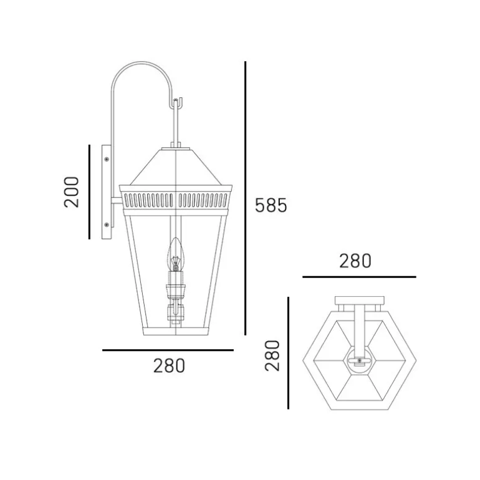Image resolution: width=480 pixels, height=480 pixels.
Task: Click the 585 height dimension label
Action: pos(271,205)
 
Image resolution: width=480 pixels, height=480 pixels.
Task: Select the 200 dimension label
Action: pos(71,192)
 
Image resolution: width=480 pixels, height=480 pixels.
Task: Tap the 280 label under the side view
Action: pos(169,365)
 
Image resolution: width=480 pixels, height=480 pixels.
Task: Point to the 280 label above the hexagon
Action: pos(355,261)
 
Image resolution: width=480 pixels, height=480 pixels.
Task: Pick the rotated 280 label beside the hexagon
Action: pos(272,355)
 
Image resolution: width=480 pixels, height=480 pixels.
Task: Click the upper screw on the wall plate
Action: pos(107,159)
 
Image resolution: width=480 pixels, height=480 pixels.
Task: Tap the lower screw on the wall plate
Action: pos(107,225)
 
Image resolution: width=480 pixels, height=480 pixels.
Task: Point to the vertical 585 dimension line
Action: pos(245,198)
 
